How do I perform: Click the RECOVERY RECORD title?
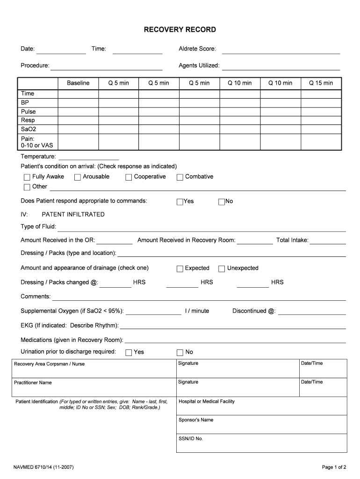[x=180, y=29]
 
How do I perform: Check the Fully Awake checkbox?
[x=27, y=177]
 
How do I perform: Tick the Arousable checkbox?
[x=77, y=177]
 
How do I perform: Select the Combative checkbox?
[x=180, y=177]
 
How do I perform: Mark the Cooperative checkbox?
[x=129, y=177]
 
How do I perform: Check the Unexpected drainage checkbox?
[x=222, y=269]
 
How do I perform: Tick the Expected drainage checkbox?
[x=180, y=269]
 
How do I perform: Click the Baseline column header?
[x=78, y=83]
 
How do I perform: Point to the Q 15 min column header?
[x=321, y=83]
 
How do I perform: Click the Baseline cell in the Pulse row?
[x=78, y=112]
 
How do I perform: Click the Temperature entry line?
[x=88, y=157]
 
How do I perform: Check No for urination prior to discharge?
[x=180, y=353]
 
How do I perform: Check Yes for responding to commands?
[x=180, y=202]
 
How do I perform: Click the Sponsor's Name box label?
[x=196, y=420]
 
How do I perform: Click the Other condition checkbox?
[x=27, y=187]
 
